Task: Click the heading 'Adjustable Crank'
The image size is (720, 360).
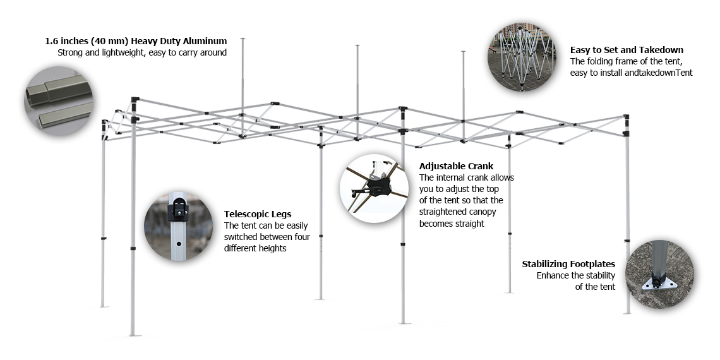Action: coord(456,165)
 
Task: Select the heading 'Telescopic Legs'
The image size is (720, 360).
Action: coord(258,214)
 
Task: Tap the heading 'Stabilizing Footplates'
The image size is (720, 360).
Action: coord(568,264)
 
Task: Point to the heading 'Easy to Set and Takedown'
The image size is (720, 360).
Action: coord(627,50)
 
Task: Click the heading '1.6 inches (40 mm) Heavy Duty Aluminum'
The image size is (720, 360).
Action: coord(136,41)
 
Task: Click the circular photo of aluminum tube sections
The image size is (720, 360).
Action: coord(58,100)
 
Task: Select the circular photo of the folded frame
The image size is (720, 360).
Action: coord(522,57)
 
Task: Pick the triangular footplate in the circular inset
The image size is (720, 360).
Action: coord(660,284)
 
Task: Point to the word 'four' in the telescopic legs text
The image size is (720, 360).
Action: coord(302,237)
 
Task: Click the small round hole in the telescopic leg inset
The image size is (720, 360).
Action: coord(179,244)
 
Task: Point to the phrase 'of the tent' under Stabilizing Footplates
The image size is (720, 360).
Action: coord(595,287)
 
